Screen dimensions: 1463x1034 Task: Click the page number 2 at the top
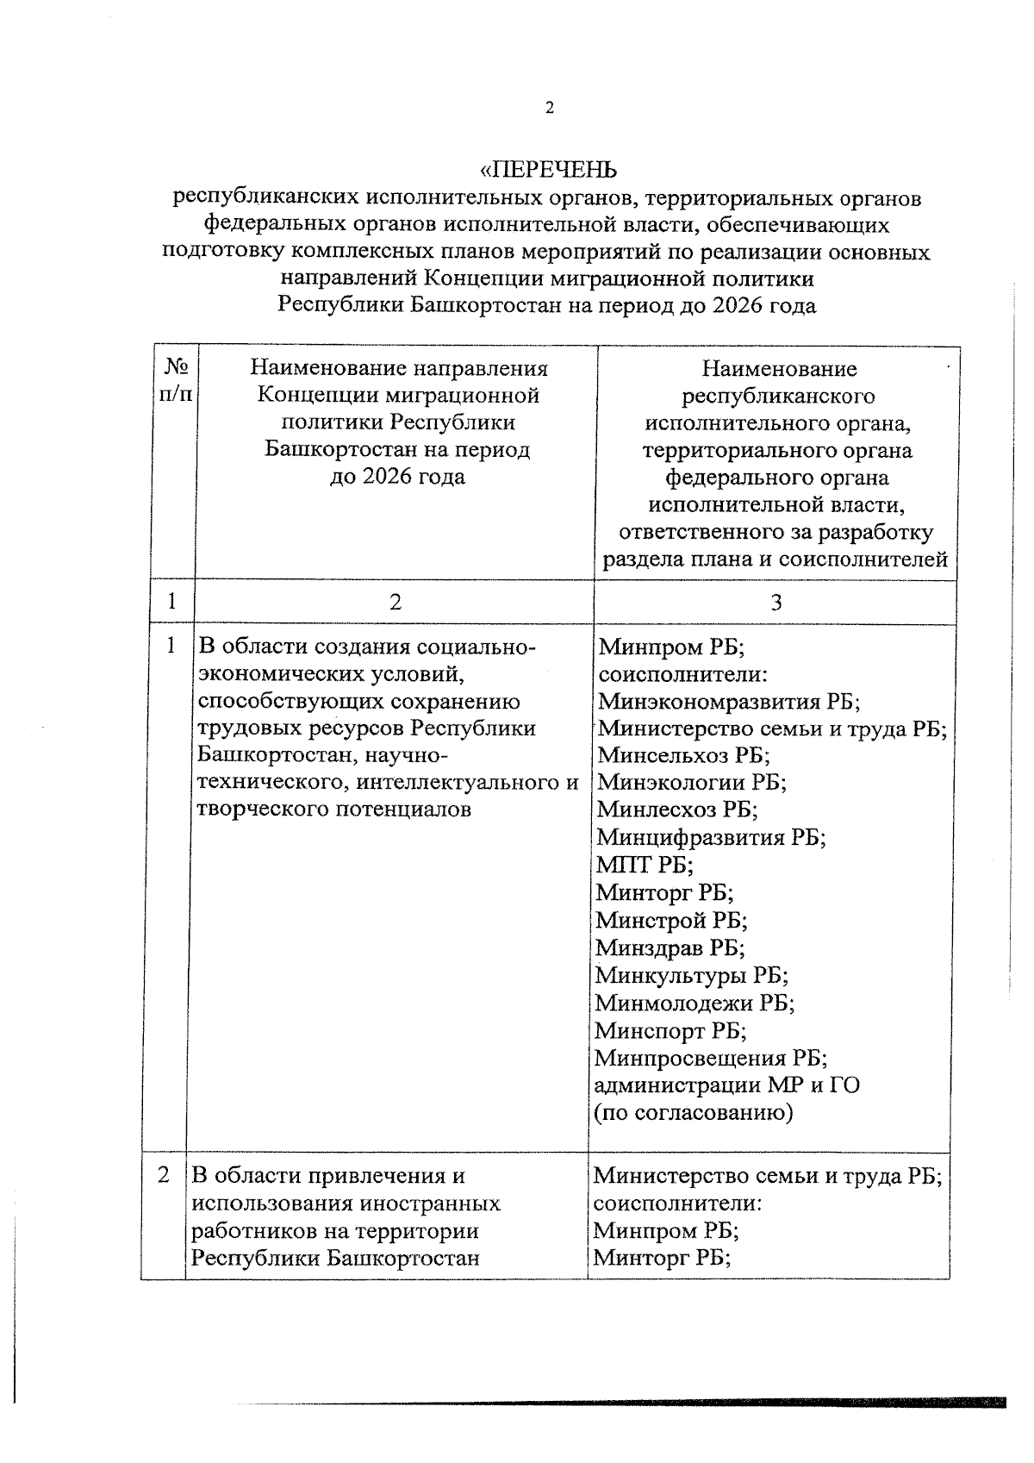(x=549, y=108)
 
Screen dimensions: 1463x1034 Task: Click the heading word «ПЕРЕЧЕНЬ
(x=549, y=168)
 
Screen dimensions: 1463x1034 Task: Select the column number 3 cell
(x=775, y=602)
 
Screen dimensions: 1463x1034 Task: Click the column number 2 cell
(x=395, y=602)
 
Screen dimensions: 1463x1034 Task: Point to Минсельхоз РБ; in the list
(x=684, y=755)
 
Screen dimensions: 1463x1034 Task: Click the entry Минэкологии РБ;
(x=692, y=783)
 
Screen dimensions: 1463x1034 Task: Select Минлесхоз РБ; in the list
(x=677, y=810)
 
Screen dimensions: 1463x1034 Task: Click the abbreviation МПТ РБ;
(x=645, y=865)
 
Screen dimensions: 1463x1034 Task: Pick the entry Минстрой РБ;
(x=672, y=921)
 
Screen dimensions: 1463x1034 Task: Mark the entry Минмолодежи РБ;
(x=695, y=1003)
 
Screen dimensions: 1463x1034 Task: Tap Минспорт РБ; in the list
(x=671, y=1031)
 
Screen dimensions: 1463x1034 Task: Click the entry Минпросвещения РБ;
(x=712, y=1059)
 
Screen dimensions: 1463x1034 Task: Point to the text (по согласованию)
(x=694, y=1113)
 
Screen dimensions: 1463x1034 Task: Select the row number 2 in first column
(x=164, y=1175)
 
